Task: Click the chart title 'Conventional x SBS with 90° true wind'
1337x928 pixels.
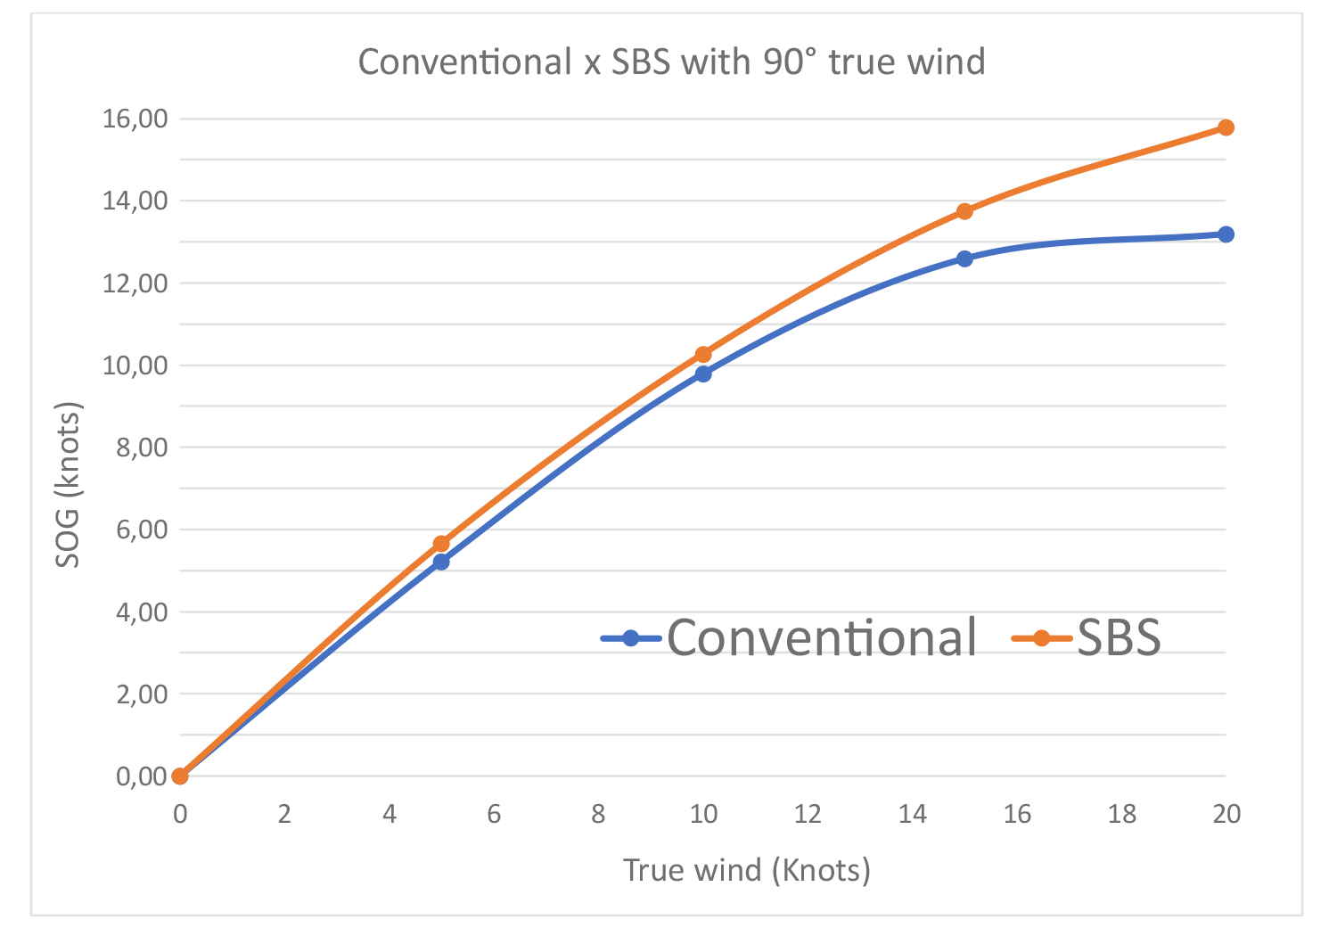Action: pyautogui.click(x=671, y=62)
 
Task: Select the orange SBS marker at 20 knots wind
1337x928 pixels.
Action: pyautogui.click(x=1226, y=127)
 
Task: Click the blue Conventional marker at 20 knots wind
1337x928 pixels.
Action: pyautogui.click(x=1226, y=234)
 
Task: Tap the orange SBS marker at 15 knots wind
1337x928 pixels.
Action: pyautogui.click(x=964, y=211)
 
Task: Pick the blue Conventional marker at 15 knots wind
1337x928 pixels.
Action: pyautogui.click(x=964, y=259)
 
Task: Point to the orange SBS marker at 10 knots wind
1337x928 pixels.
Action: pyautogui.click(x=703, y=355)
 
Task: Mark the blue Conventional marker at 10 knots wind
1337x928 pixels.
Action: pyautogui.click(x=703, y=374)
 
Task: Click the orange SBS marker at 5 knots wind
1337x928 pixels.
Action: pyautogui.click(x=441, y=544)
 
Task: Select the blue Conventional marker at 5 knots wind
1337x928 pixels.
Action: pyautogui.click(x=441, y=562)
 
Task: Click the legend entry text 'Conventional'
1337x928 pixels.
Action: pyautogui.click(x=821, y=637)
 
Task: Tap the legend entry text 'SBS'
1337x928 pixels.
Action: pyautogui.click(x=1119, y=637)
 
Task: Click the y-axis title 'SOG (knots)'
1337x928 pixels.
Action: pyautogui.click(x=68, y=484)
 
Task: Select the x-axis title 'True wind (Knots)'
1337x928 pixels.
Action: pyautogui.click(x=747, y=870)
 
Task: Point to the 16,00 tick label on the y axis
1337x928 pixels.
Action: pyautogui.click(x=135, y=119)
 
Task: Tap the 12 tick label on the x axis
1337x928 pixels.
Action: pyautogui.click(x=808, y=814)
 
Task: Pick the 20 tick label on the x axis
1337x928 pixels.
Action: pyautogui.click(x=1226, y=814)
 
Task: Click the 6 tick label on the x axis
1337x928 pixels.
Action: pyautogui.click(x=494, y=814)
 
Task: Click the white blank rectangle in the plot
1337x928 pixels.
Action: pyautogui.click(x=492, y=303)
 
